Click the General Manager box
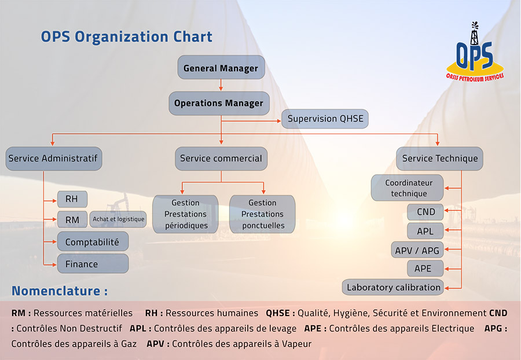point(221,68)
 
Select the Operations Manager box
point(219,103)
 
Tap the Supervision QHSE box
point(325,119)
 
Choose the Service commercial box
point(221,158)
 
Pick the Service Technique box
point(440,158)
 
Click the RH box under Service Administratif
point(72,199)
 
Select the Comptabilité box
point(93,242)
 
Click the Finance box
point(93,264)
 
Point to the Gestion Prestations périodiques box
point(186,214)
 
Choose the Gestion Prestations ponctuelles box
point(262,214)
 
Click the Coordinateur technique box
point(409,188)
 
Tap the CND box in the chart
point(425,212)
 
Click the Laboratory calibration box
point(394,287)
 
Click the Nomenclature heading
point(60,291)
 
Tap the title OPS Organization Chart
point(126,37)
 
